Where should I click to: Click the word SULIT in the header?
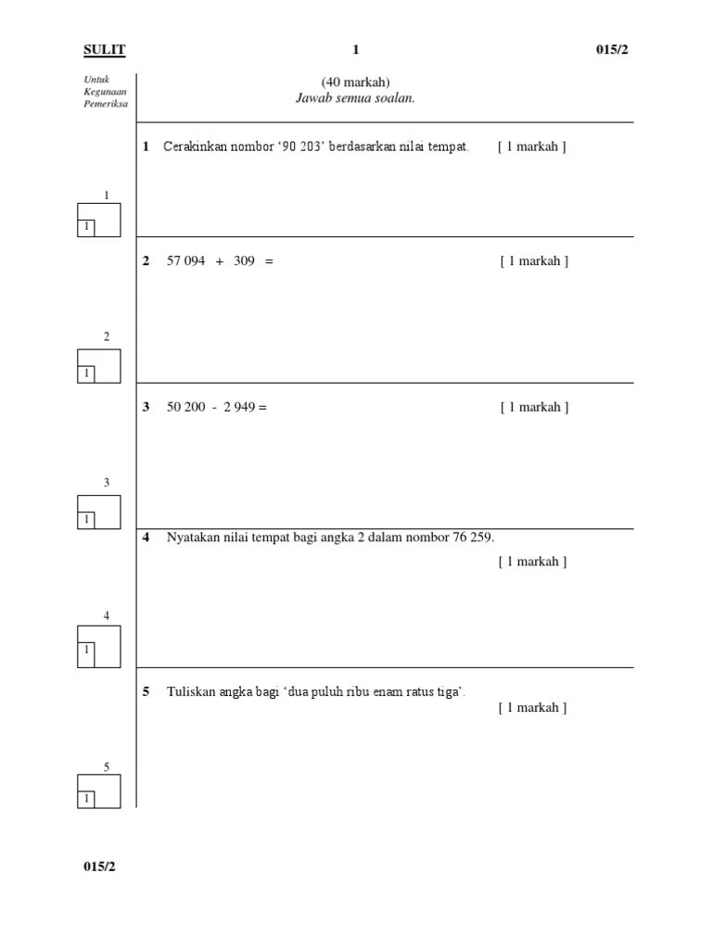pos(105,49)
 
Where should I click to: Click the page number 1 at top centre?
pos(355,49)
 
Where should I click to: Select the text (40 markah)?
pos(350,82)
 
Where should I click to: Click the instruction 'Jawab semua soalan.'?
pos(355,98)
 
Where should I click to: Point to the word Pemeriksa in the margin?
pos(105,104)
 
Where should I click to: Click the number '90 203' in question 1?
pos(294,146)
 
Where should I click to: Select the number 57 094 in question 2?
pos(185,261)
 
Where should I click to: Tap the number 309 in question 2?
pos(244,261)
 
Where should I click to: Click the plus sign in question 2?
pos(220,261)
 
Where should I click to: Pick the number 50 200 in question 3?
pos(185,407)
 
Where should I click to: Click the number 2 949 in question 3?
pos(239,407)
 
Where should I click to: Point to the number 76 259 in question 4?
pos(472,538)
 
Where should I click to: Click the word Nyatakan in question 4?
pos(192,538)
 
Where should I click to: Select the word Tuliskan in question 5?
pos(189,692)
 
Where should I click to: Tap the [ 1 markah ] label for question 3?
pos(534,407)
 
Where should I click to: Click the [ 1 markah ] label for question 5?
pos(532,708)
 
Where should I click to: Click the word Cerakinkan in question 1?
pos(195,146)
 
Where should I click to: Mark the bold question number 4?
pos(146,538)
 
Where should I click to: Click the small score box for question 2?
pos(86,373)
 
